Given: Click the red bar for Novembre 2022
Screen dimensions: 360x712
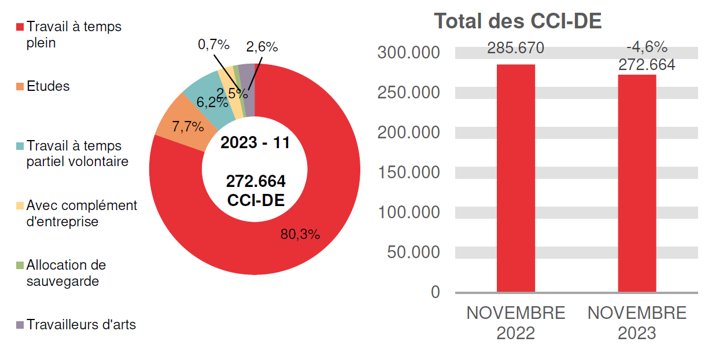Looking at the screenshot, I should click(515, 178).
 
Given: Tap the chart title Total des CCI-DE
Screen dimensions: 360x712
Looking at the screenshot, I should click(518, 21).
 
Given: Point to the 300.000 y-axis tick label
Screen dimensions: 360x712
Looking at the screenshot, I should click(409, 53).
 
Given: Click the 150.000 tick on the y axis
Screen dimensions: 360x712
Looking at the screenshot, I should click(409, 172).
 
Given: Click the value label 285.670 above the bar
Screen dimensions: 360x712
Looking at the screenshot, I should click(515, 48).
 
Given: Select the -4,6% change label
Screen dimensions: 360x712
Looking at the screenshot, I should click(647, 47).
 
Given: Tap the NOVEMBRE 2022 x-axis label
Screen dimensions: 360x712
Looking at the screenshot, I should click(515, 323).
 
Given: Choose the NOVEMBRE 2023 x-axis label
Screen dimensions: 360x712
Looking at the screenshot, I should click(637, 323).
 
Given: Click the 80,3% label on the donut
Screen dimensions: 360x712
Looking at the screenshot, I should click(300, 234).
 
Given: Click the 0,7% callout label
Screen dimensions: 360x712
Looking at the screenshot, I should click(214, 45).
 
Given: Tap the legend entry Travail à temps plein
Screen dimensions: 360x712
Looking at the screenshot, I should click(73, 35).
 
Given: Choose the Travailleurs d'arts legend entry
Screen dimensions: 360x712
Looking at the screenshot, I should click(81, 325).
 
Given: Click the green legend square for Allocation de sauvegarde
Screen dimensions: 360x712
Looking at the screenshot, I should click(20, 266).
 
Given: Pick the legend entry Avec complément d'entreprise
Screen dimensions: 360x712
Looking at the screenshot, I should click(82, 214).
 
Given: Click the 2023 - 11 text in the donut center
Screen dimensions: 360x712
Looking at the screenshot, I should click(254, 143).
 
